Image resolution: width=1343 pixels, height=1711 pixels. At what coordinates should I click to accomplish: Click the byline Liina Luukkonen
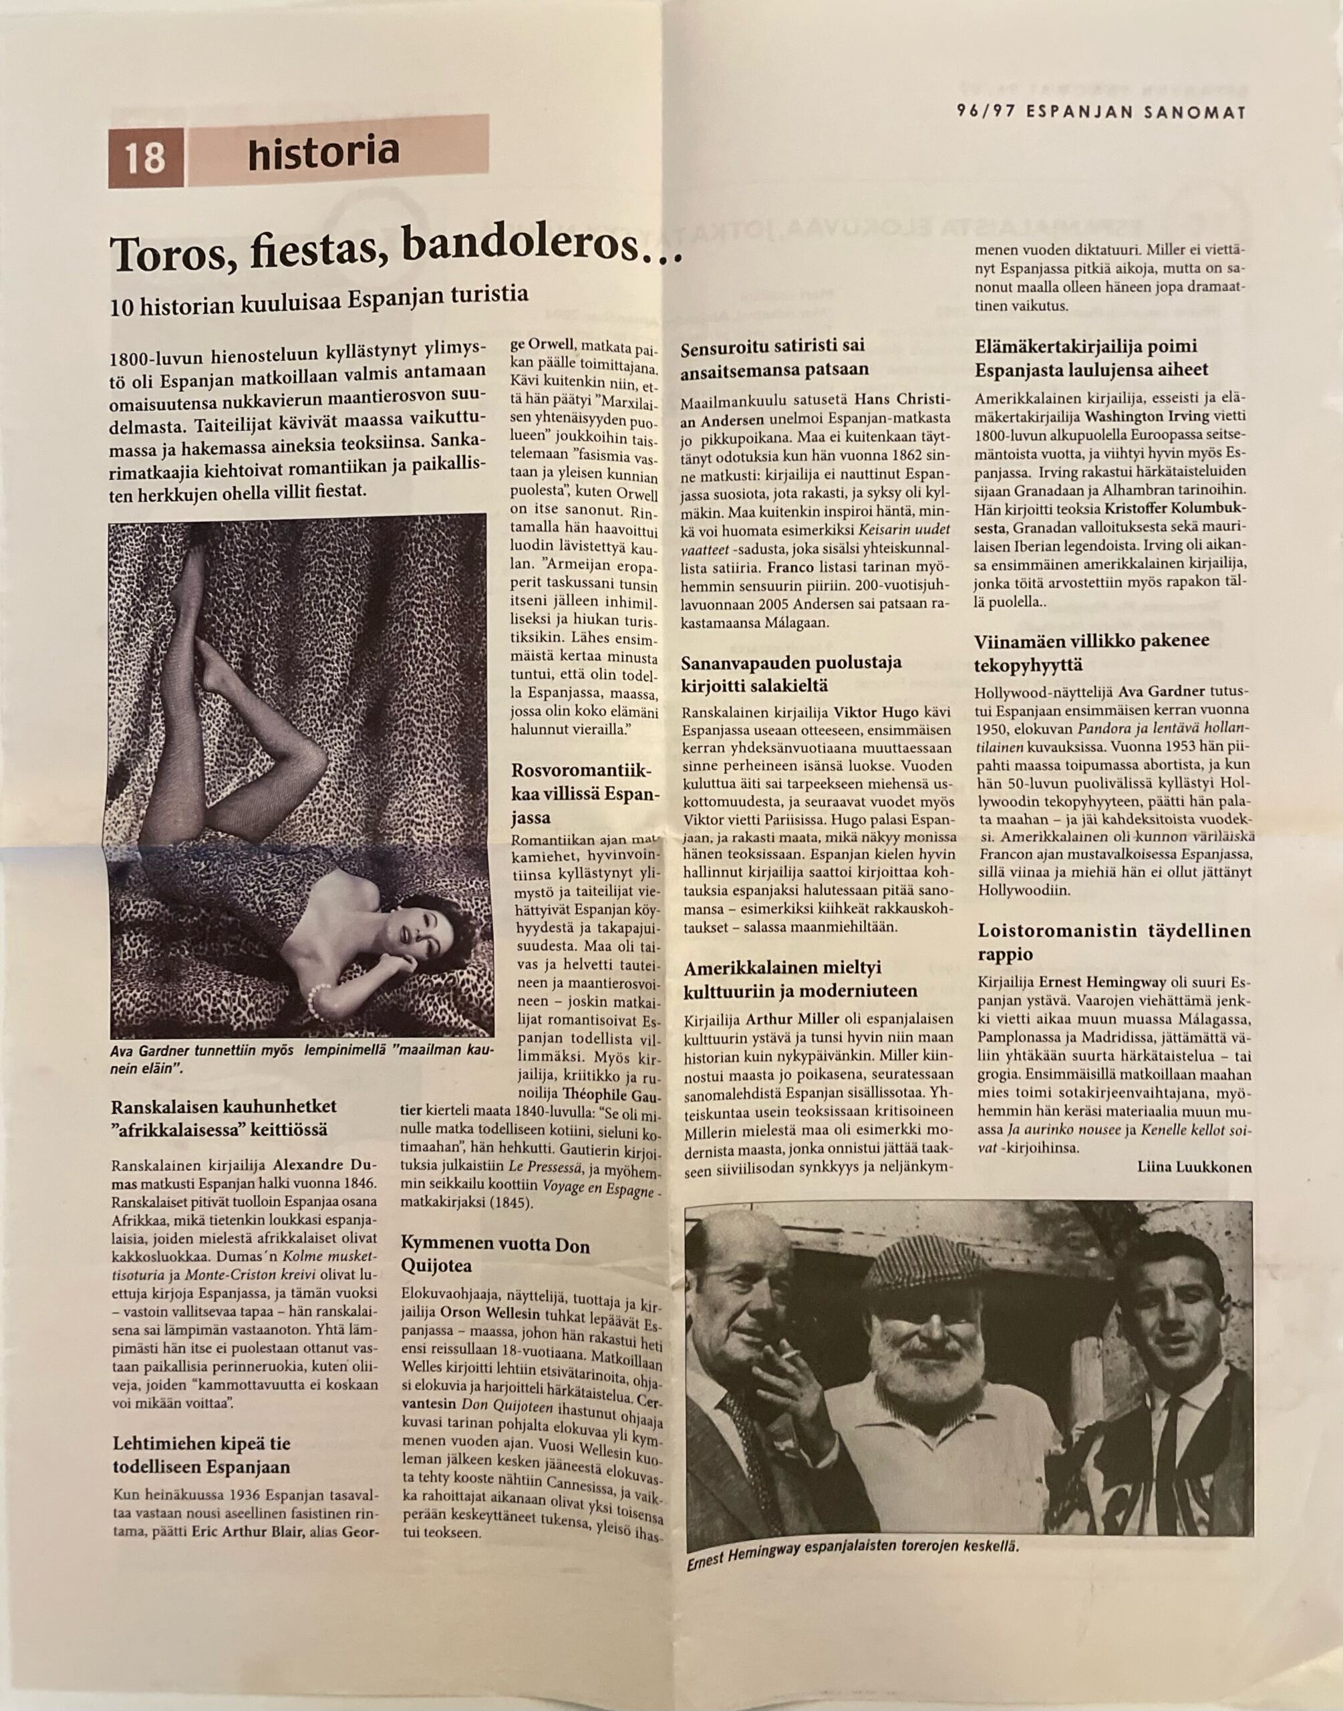coord(1193,1167)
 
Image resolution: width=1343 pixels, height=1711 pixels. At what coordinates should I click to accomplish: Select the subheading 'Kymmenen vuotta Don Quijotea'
coord(495,1255)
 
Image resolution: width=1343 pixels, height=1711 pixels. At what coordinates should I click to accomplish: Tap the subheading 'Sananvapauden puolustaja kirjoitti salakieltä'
coord(791,673)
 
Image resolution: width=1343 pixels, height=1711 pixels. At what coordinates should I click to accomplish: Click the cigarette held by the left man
coord(790,1355)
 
